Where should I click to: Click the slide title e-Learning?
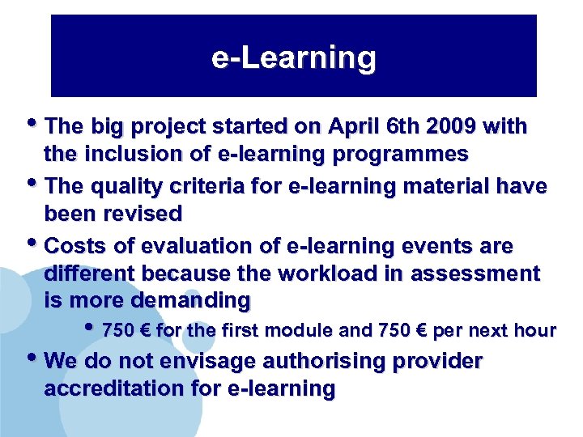(293, 58)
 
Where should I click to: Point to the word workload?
(344, 274)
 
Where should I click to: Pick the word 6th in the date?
(402, 127)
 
